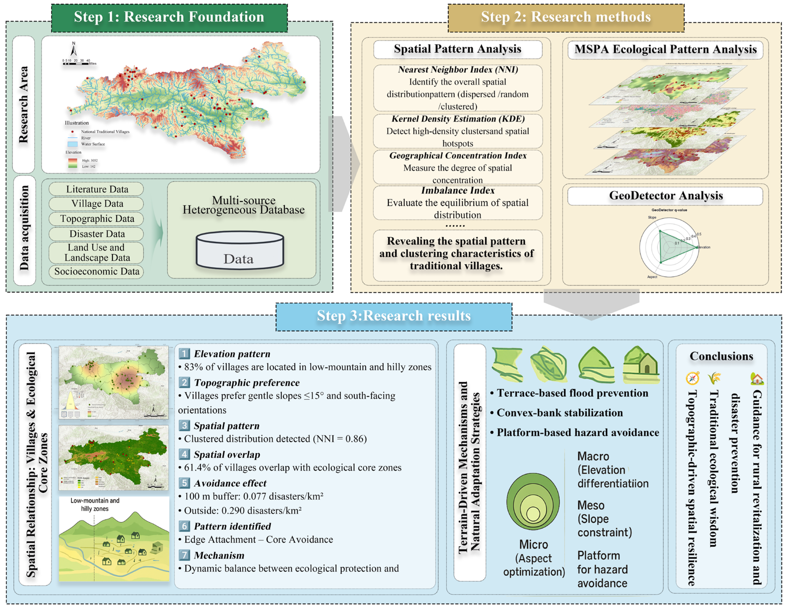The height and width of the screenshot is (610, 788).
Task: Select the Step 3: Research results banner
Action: [394, 316]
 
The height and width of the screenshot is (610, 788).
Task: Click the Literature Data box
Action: [97, 189]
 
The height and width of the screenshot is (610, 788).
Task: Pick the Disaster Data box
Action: [97, 234]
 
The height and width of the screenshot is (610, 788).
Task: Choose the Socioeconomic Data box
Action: [97, 271]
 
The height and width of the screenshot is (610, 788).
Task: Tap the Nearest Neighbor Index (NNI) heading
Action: [458, 70]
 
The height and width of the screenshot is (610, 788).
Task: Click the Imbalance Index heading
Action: [458, 190]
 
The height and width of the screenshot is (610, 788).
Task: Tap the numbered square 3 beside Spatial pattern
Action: [184, 425]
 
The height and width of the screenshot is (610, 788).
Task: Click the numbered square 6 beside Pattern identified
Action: [184, 526]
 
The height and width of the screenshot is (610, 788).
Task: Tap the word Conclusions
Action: [721, 356]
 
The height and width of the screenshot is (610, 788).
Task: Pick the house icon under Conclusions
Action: [757, 378]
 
